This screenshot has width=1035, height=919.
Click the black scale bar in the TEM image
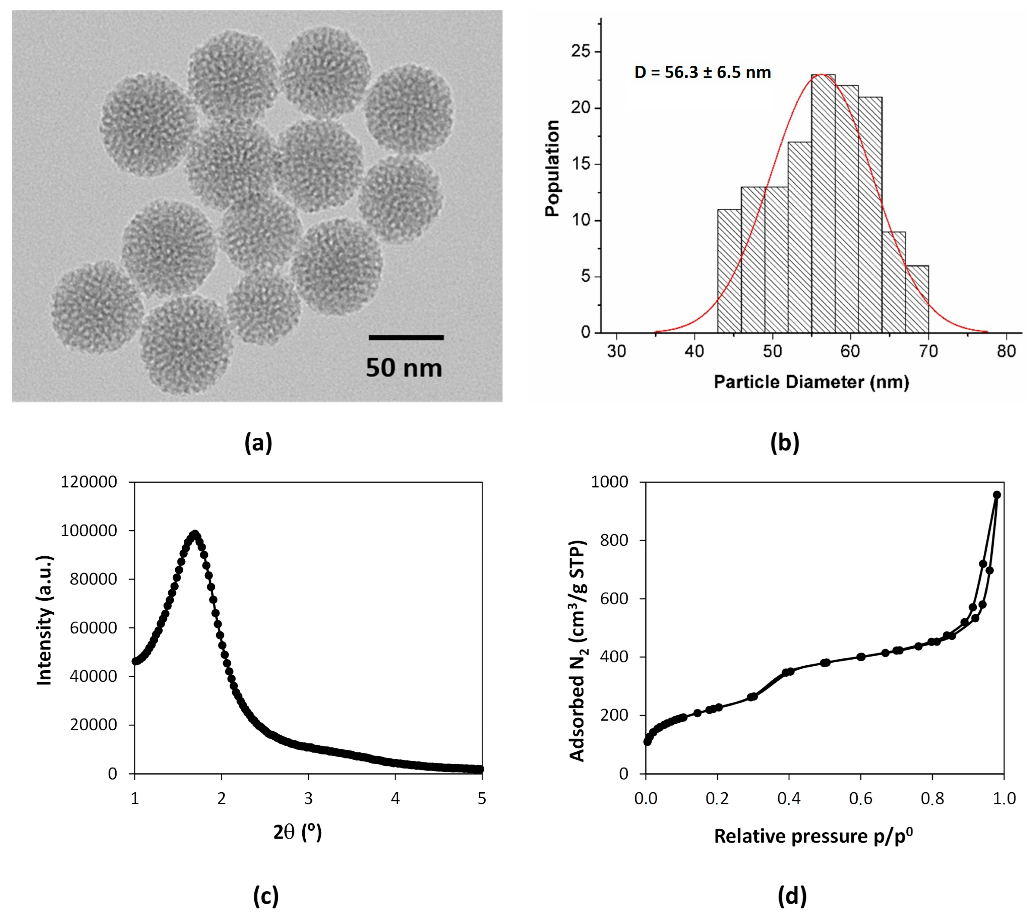click(x=406, y=337)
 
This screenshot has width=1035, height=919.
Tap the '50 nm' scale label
click(x=404, y=368)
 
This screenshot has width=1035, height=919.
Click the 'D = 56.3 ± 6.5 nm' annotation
click(x=702, y=72)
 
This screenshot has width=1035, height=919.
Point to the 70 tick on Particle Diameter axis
click(x=928, y=351)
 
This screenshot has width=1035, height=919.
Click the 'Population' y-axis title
click(x=552, y=168)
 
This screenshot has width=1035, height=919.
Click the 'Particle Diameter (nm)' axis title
click(x=811, y=382)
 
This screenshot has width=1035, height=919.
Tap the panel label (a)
click(x=258, y=442)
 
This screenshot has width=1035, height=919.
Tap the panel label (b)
click(x=784, y=442)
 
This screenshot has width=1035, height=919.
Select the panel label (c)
click(x=266, y=896)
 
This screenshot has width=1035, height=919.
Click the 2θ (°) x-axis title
click(x=298, y=832)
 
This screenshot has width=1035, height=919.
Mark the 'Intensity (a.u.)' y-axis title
click(x=45, y=620)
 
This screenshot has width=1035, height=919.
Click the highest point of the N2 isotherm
click(x=996, y=495)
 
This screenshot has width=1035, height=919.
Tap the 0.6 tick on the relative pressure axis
click(x=860, y=799)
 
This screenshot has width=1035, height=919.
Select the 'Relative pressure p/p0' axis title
click(x=813, y=836)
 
